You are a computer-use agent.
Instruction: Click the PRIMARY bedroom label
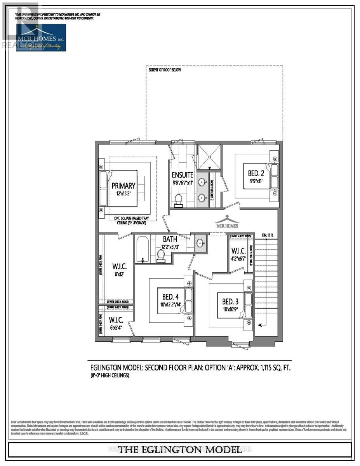tap(123, 186)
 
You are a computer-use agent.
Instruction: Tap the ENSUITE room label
tap(183, 175)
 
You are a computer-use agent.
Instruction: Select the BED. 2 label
tap(256, 170)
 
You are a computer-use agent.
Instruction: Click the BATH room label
tap(170, 240)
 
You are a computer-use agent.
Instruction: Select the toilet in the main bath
tap(161, 256)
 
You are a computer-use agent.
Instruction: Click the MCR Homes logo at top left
tap(41, 37)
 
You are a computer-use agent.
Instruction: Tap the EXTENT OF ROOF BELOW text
tap(165, 70)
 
